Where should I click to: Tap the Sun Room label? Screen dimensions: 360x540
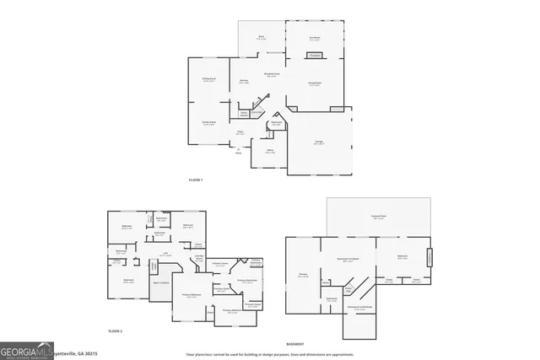click(x=315, y=38)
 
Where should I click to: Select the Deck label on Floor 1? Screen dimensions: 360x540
click(x=262, y=38)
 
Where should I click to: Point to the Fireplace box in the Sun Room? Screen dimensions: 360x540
click(x=315, y=56)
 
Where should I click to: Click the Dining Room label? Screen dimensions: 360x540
click(x=208, y=80)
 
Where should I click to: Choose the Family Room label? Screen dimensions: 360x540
click(x=208, y=123)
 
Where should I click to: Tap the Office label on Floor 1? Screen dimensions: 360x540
click(x=270, y=152)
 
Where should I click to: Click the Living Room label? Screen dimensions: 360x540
click(x=314, y=84)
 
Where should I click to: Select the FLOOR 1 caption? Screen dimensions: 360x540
click(x=196, y=180)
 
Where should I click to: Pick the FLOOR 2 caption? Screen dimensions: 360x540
click(x=116, y=332)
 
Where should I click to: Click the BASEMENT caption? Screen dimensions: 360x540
click(x=294, y=344)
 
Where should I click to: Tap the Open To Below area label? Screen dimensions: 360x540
click(x=161, y=282)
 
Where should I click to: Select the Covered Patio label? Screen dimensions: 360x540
click(x=378, y=218)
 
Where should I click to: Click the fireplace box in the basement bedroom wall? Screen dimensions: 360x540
click(x=430, y=256)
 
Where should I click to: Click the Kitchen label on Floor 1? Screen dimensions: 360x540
click(x=243, y=82)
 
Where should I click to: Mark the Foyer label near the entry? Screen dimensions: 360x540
click(x=240, y=132)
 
